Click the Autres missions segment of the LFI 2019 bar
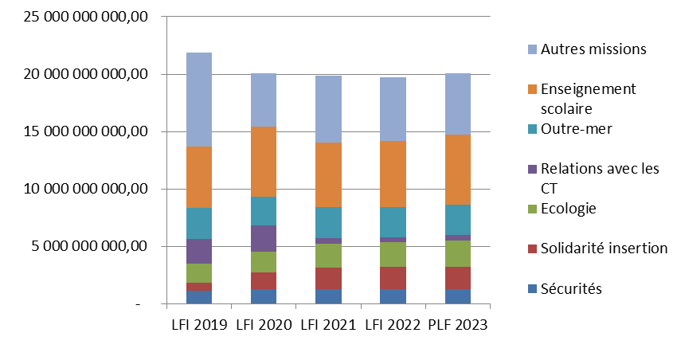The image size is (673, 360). pos(199,100)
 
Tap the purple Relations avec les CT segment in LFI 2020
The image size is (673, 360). pos(264,238)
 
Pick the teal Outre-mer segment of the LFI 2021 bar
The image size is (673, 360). pos(328,222)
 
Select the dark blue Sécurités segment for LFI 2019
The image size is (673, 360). pos(199,297)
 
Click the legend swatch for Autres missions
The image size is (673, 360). pos(532,49)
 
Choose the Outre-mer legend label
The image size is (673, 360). pos(577,128)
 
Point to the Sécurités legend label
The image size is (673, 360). pos(571,288)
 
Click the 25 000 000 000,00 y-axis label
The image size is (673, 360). pos(79,17)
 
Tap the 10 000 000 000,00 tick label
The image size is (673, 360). pos(79,189)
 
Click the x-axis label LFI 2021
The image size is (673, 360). pos(328,325)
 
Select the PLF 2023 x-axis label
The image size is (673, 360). pos(458,325)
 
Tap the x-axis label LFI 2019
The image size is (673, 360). pos(199,325)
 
